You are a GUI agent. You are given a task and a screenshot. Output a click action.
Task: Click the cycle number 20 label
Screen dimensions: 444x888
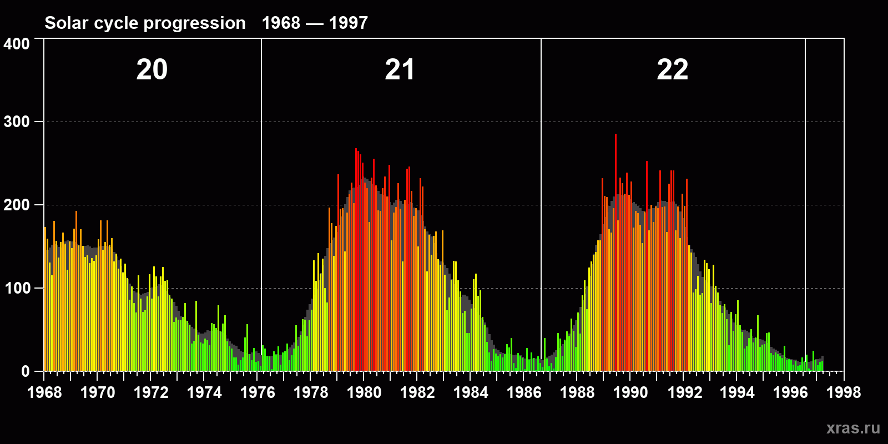point(152,70)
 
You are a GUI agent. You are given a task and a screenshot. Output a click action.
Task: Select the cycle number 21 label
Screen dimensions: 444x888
point(400,70)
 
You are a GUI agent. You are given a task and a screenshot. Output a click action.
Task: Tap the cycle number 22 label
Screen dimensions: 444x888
point(672,70)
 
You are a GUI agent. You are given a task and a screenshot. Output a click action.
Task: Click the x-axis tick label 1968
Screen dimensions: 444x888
point(44,392)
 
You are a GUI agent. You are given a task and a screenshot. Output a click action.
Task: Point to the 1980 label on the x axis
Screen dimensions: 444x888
point(364,392)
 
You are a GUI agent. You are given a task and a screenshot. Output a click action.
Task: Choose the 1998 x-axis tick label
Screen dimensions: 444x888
point(844,392)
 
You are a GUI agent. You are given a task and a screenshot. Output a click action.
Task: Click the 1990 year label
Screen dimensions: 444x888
point(630,392)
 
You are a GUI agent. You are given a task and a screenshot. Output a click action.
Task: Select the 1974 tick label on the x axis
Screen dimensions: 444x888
point(204,392)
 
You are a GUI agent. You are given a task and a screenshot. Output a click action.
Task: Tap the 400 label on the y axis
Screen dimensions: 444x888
point(17,44)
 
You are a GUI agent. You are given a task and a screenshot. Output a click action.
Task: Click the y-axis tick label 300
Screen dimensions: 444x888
point(17,122)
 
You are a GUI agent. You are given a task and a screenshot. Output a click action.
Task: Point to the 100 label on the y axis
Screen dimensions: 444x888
point(17,288)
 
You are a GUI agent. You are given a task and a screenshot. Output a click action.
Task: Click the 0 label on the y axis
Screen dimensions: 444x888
point(26,371)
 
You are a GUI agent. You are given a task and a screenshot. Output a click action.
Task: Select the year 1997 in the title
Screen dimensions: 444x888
point(348,23)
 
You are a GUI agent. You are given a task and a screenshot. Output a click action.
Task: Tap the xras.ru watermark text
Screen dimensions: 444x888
point(853,428)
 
